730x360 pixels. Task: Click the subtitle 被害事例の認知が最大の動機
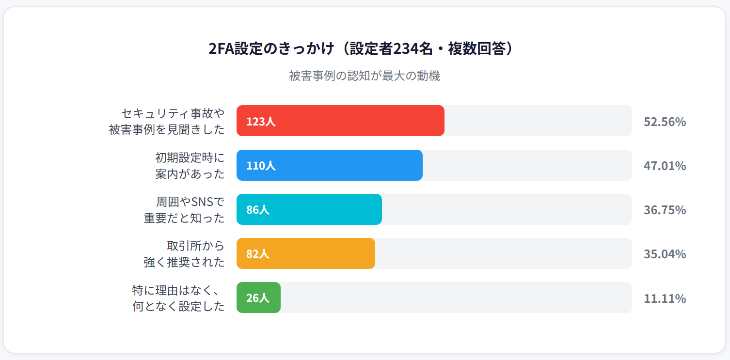[365, 76]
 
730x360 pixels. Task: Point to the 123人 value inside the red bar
[261, 121]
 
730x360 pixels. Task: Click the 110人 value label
[261, 166]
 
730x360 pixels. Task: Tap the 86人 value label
[257, 210]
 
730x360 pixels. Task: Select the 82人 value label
[257, 254]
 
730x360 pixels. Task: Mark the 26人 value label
[257, 298]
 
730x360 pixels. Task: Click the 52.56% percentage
[665, 122]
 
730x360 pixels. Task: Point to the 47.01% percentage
[665, 166]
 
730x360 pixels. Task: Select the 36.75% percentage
[665, 210]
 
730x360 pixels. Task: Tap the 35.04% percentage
[665, 254]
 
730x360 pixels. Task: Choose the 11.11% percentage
[665, 298]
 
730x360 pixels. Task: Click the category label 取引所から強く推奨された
[184, 254]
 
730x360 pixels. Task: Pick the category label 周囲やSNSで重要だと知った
[184, 210]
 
